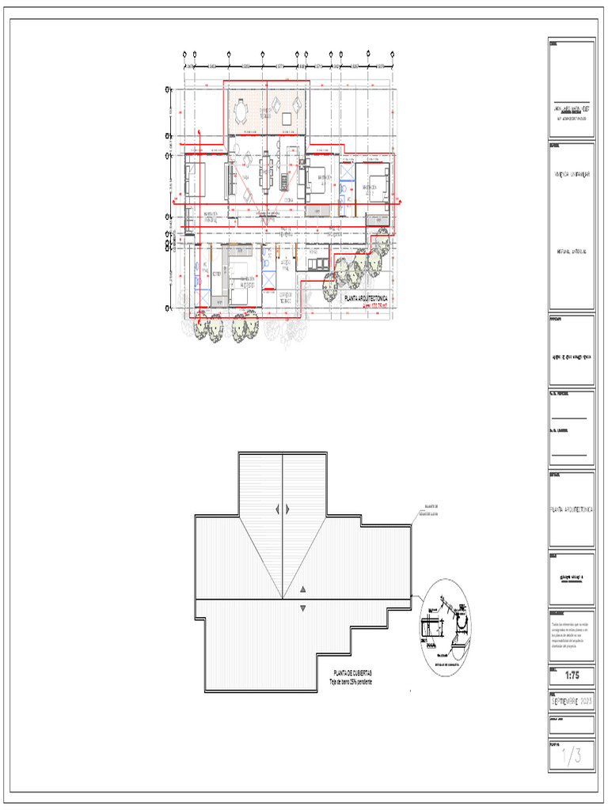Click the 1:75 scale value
(571, 676)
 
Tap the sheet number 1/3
(571, 757)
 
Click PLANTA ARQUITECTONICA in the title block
(571, 511)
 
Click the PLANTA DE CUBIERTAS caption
(351, 672)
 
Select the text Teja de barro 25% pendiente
(351, 681)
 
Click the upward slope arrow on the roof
(303, 590)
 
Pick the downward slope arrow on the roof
(303, 607)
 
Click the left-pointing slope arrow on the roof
(277, 509)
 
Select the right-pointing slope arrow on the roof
(287, 509)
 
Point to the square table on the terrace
(286, 119)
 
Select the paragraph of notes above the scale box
(570, 637)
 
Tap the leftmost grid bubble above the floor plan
(184, 55)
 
